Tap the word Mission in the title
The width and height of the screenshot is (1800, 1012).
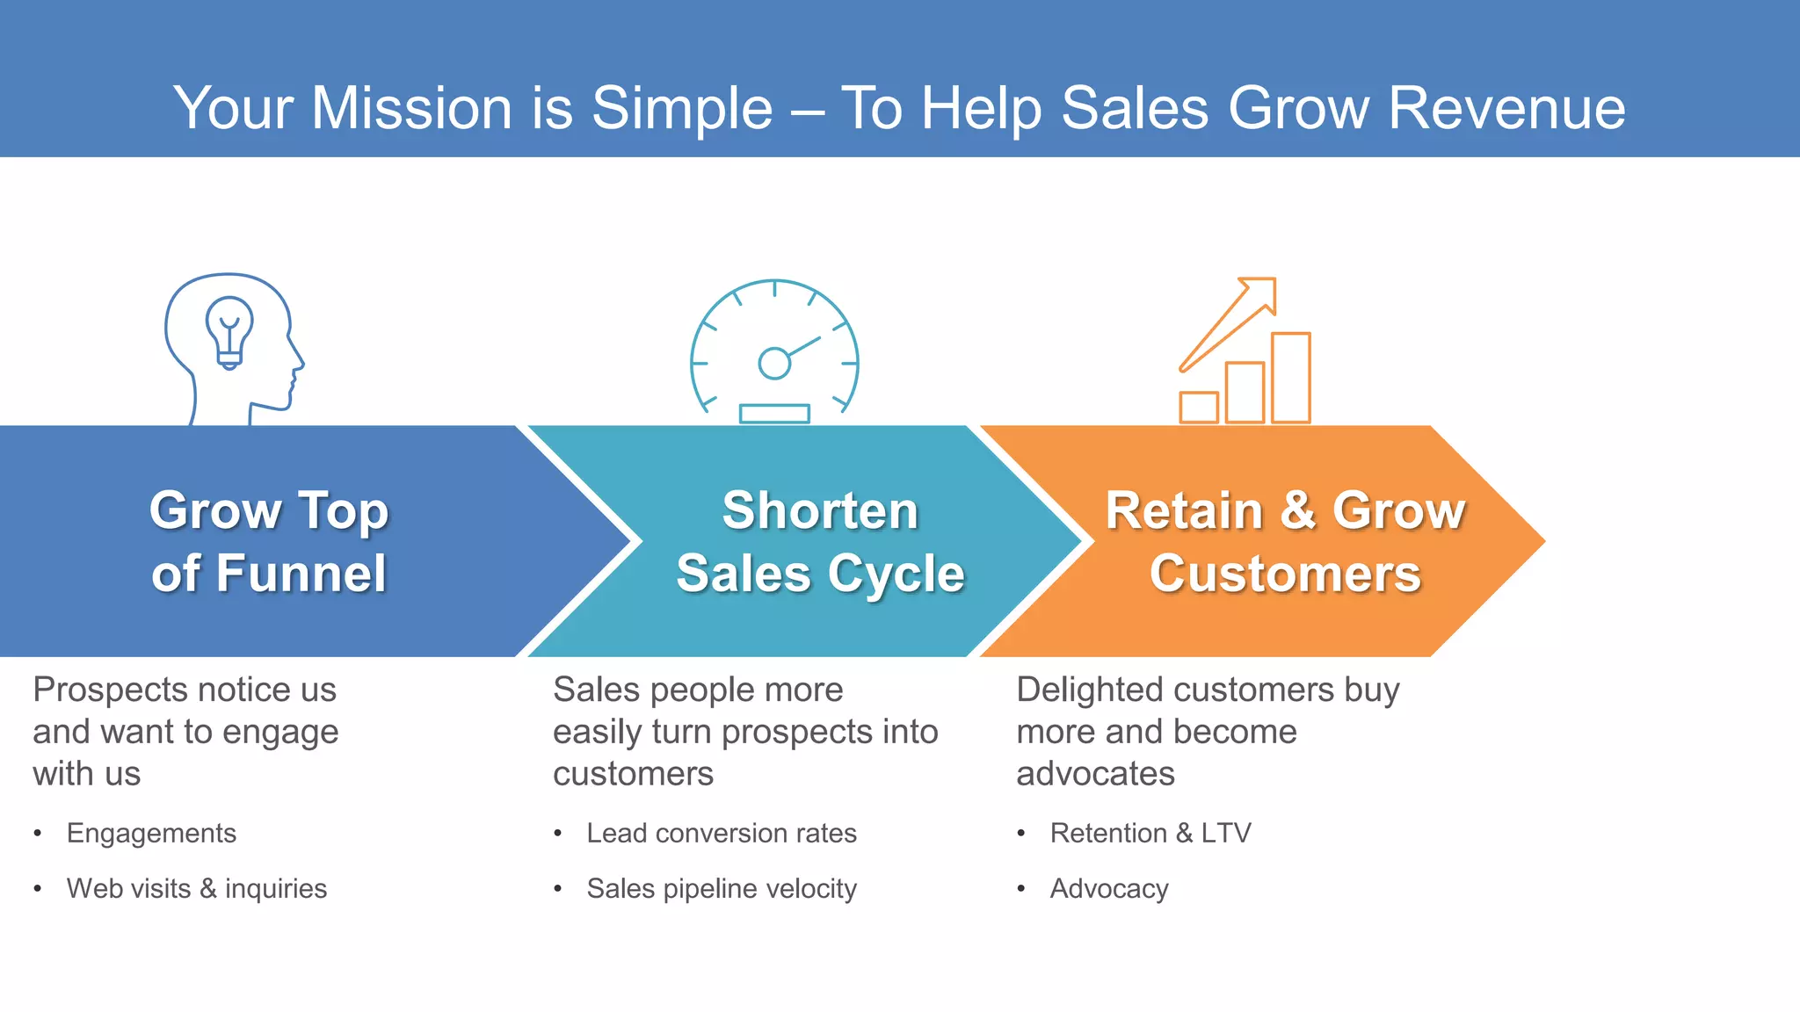pyautogui.click(x=412, y=109)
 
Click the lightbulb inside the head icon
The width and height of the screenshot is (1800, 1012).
pyautogui.click(x=229, y=329)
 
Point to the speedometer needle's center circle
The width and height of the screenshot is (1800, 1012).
pyautogui.click(x=774, y=363)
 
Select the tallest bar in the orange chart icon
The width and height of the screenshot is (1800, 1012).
pyautogui.click(x=1290, y=378)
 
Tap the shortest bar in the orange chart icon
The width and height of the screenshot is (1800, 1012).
pyautogui.click(x=1199, y=408)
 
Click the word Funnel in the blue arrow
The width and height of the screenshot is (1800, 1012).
pyautogui.click(x=300, y=575)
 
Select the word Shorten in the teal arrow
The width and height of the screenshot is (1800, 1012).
pyautogui.click(x=820, y=511)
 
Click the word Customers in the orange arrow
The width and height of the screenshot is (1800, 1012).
pyautogui.click(x=1285, y=575)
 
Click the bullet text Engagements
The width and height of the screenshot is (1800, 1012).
pyautogui.click(x=151, y=833)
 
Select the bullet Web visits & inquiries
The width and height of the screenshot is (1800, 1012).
pyautogui.click(x=197, y=888)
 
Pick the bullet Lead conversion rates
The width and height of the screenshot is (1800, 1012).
pyautogui.click(x=721, y=833)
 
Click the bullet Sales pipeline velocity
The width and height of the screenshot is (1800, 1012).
pyautogui.click(x=721, y=888)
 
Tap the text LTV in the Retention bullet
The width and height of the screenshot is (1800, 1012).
pyautogui.click(x=1225, y=833)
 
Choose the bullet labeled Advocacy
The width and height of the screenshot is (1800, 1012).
pyautogui.click(x=1109, y=888)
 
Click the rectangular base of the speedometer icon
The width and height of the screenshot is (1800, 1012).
pyautogui.click(x=774, y=414)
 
